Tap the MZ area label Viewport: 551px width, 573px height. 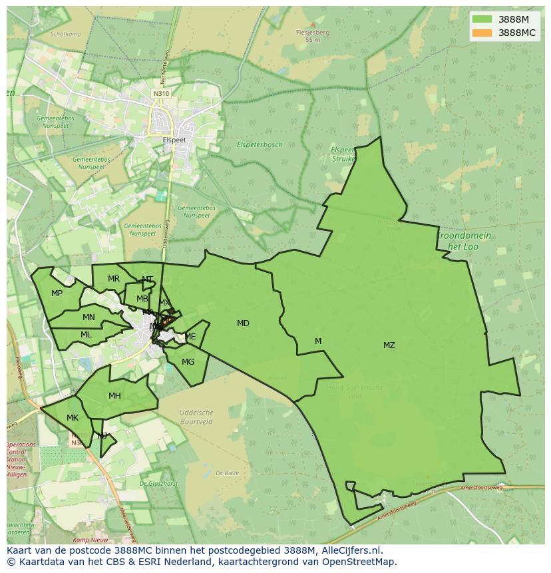pyautogui.click(x=389, y=345)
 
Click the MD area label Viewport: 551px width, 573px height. pyautogui.click(x=243, y=323)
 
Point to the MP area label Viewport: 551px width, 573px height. pyautogui.click(x=57, y=293)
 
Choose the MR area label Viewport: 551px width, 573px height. pyautogui.click(x=114, y=279)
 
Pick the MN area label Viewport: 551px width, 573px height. pyautogui.click(x=89, y=317)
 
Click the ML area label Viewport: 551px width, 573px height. pyautogui.click(x=86, y=335)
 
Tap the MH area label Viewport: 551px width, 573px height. pyautogui.click(x=114, y=396)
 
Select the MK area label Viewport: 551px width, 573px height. pyautogui.click(x=73, y=418)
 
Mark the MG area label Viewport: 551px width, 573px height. pyautogui.click(x=188, y=362)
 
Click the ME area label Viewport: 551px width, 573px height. pyautogui.click(x=190, y=337)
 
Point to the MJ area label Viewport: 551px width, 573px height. pyautogui.click(x=102, y=436)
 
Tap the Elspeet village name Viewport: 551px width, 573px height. pyautogui.click(x=174, y=140)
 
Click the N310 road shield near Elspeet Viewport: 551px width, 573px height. pyautogui.click(x=161, y=94)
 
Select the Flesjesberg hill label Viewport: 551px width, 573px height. pyautogui.click(x=313, y=32)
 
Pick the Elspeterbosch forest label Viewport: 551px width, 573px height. pyautogui.click(x=260, y=144)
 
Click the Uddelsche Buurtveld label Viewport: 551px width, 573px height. pyautogui.click(x=196, y=417)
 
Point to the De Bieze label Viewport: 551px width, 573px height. pyautogui.click(x=227, y=473)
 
